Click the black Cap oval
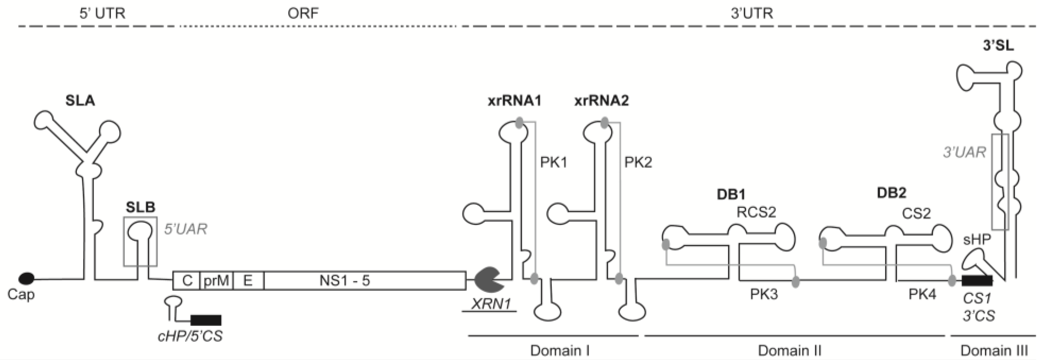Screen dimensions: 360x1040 [27, 278]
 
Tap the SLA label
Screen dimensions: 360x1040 [80, 100]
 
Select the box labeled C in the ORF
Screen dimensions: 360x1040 [186, 280]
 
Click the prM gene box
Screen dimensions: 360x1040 [216, 280]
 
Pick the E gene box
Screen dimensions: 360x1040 [248, 280]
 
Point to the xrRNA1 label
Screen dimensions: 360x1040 [514, 100]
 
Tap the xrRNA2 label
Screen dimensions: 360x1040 [602, 100]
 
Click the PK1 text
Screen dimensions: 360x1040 [554, 162]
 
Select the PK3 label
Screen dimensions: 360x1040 [764, 294]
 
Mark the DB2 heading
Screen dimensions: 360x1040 [891, 193]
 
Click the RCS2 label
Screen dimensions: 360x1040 [756, 212]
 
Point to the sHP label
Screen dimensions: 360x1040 [977, 240]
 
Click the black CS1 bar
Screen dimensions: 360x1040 [977, 280]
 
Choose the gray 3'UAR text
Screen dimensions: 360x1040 [964, 152]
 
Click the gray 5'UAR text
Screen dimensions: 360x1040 [185, 229]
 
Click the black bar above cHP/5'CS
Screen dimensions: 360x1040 [206, 320]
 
